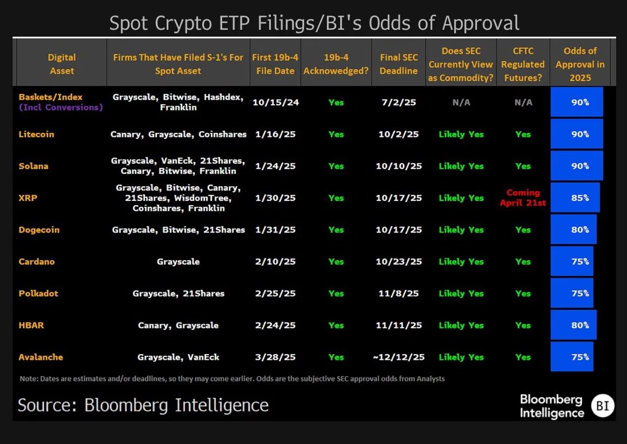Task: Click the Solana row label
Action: click(x=33, y=166)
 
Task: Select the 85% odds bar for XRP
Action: click(x=575, y=198)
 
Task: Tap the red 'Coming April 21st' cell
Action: click(x=522, y=198)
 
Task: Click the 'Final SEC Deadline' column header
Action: click(x=399, y=64)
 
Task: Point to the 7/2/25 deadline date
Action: click(x=399, y=103)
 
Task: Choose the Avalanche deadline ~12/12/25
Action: click(x=399, y=357)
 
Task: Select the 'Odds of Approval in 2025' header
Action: click(x=579, y=64)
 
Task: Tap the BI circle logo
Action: click(x=602, y=406)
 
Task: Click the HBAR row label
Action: click(x=31, y=325)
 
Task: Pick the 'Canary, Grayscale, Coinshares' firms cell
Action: click(x=178, y=135)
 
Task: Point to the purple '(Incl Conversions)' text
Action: click(x=61, y=107)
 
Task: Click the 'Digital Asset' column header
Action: click(x=62, y=64)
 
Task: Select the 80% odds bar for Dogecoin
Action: click(x=573, y=230)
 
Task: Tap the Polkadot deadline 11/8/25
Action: click(x=399, y=293)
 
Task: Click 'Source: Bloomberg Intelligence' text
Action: click(x=143, y=405)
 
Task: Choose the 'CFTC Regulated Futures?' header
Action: click(x=522, y=64)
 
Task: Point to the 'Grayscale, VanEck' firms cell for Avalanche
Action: click(x=178, y=357)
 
